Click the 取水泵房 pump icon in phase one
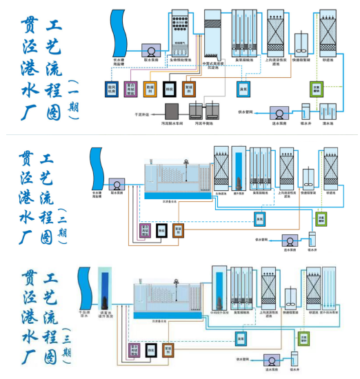(x=150, y=51)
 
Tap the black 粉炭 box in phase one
(x=169, y=89)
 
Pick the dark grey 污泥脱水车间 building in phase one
(x=172, y=110)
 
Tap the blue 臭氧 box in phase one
(x=243, y=89)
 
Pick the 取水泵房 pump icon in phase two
(x=117, y=185)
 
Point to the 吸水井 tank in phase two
(x=312, y=240)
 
